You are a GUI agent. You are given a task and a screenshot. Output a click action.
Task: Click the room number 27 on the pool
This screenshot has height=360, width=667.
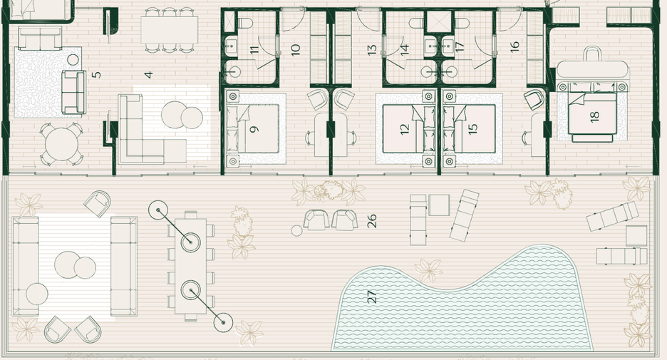(x=372, y=296)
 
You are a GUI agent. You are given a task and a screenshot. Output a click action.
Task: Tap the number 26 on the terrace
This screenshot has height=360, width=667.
(x=372, y=221)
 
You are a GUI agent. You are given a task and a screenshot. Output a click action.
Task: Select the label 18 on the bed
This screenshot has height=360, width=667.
(x=595, y=115)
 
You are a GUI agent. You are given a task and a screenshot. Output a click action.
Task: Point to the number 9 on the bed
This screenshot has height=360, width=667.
(x=254, y=128)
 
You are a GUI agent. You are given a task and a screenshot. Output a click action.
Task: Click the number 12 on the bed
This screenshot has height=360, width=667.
(x=404, y=129)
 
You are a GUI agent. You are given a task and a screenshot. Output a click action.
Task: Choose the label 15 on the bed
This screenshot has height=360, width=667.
(x=472, y=128)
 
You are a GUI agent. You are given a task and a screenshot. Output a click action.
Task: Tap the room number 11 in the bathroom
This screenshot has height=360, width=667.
(x=254, y=49)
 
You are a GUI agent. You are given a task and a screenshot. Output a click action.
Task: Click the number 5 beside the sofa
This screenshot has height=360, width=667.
(x=97, y=74)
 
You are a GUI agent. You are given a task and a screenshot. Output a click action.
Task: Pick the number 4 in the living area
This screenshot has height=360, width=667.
(x=148, y=75)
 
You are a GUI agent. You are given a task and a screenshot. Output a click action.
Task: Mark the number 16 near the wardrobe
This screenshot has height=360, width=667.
(x=515, y=46)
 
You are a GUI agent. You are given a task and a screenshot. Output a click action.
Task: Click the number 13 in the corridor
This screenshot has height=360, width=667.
(x=372, y=50)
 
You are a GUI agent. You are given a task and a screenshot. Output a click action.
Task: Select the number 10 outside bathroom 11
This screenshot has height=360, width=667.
(x=296, y=49)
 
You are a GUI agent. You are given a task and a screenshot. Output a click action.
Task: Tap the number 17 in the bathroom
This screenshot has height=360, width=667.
(x=460, y=47)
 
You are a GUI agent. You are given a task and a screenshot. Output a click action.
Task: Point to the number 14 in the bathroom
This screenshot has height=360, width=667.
(x=405, y=49)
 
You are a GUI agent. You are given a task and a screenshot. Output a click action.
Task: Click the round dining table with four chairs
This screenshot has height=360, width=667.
(x=62, y=144)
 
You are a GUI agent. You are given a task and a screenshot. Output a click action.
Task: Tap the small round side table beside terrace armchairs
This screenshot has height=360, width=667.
(x=296, y=231)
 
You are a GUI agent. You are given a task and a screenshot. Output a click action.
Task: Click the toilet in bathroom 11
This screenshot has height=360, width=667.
(x=245, y=23)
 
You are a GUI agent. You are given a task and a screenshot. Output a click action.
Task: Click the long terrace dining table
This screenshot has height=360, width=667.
(x=190, y=266)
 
